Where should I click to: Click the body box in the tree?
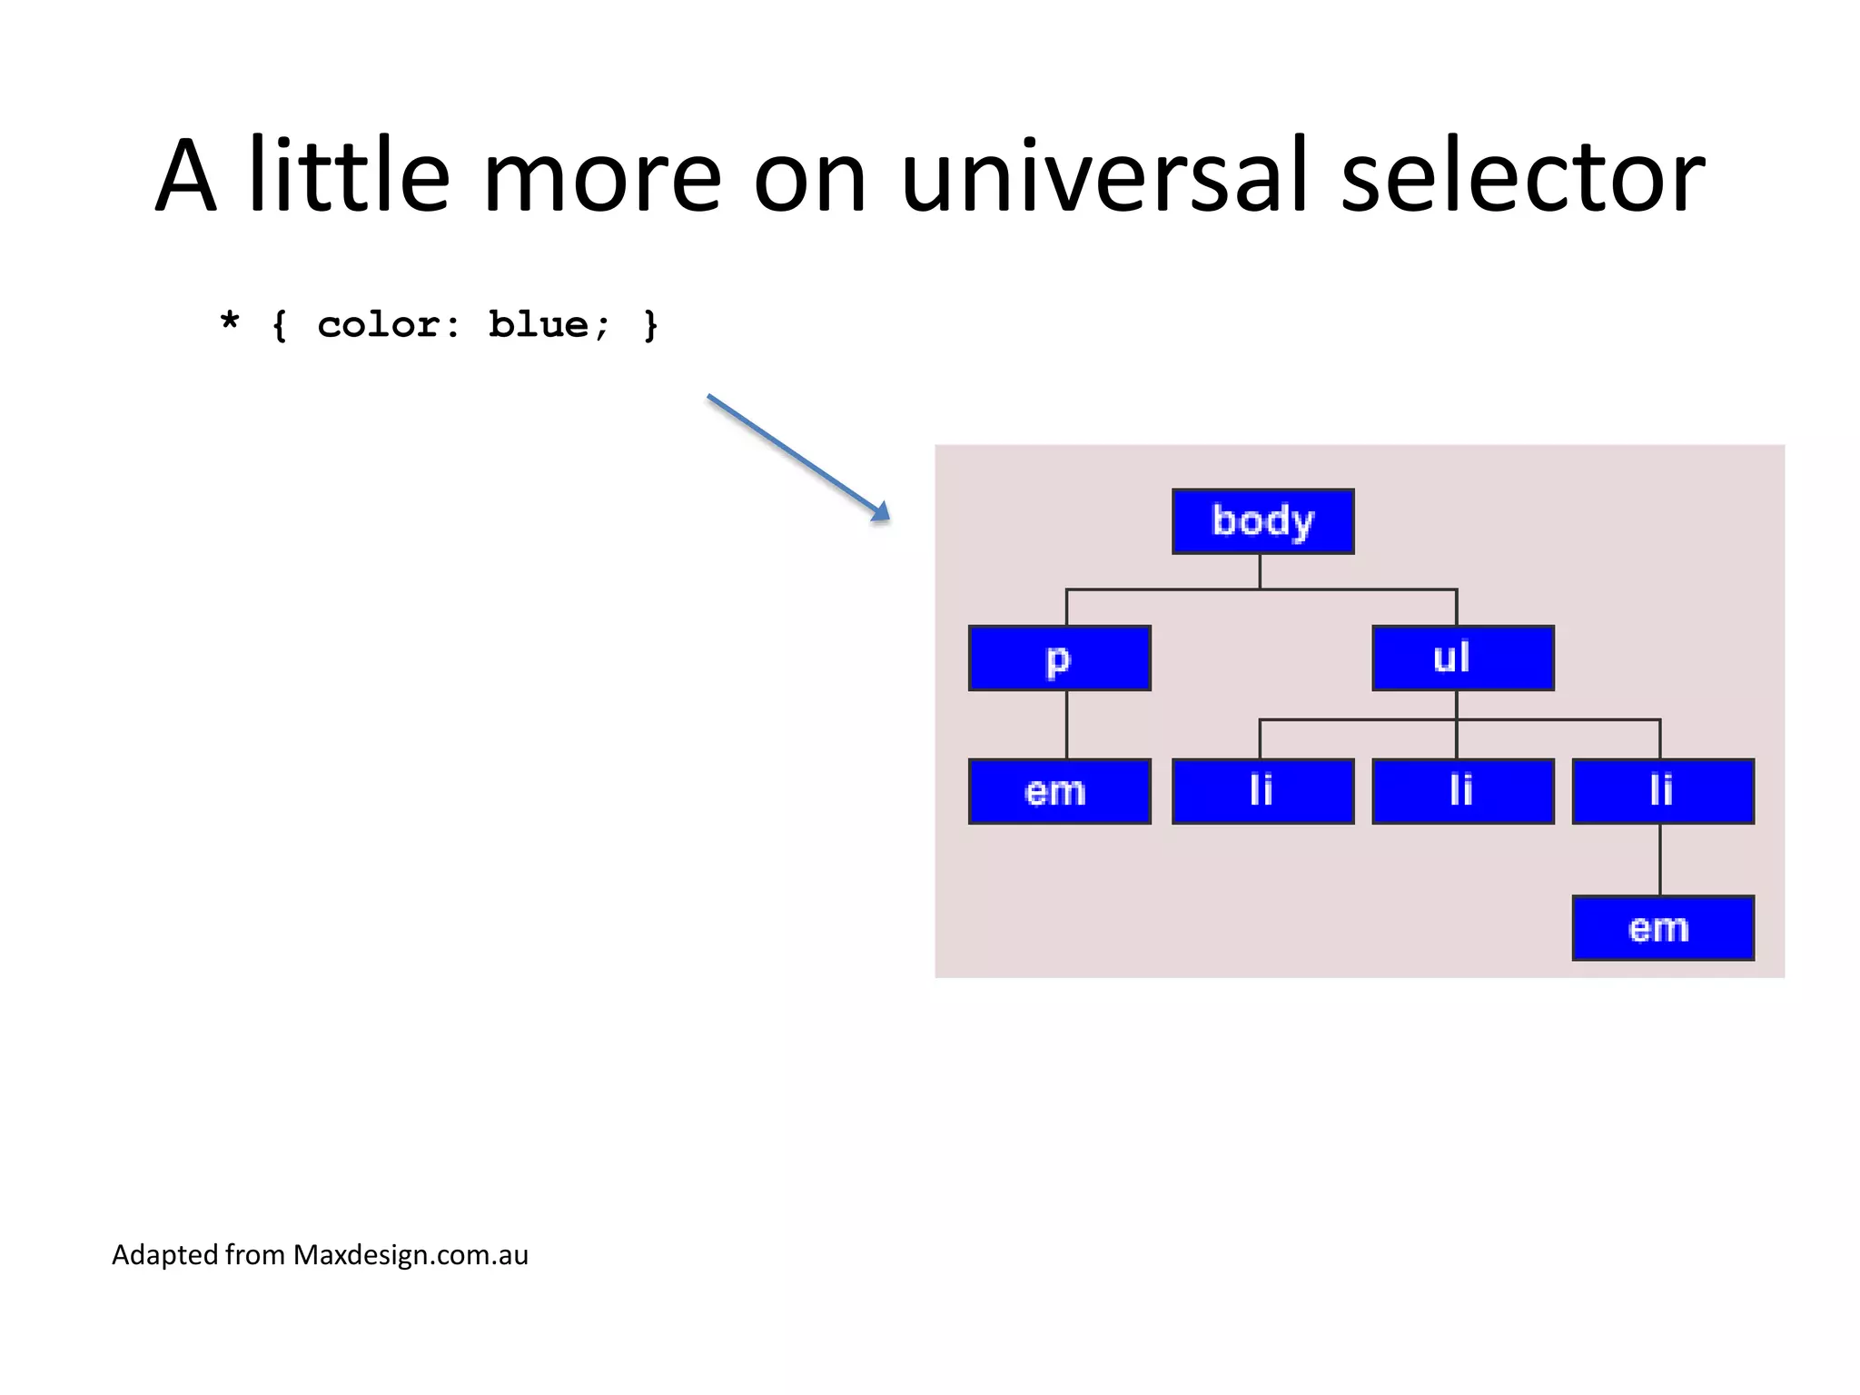[1262, 521]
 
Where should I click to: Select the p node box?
[1059, 658]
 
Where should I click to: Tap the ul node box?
[1462, 658]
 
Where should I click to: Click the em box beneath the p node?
[1059, 792]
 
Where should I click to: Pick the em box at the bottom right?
[1662, 928]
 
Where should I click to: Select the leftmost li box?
[1262, 792]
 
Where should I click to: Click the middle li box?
[1462, 792]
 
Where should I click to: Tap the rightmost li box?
[1662, 792]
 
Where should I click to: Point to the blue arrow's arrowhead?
[880, 512]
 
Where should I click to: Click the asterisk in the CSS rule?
[230, 322]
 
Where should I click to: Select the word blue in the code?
[538, 325]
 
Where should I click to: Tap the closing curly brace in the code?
[650, 325]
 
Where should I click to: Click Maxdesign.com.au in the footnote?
[411, 1255]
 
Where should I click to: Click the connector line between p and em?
[1066, 725]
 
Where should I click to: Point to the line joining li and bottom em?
[1660, 859]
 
